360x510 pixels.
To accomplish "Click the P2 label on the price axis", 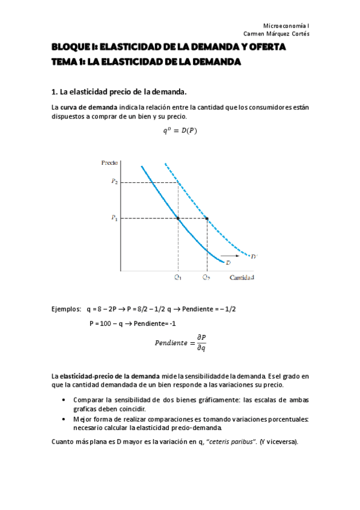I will [x=114, y=182].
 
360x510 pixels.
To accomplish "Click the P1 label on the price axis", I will [x=114, y=218].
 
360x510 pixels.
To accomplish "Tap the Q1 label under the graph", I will [x=178, y=277].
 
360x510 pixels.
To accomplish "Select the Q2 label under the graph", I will [x=207, y=277].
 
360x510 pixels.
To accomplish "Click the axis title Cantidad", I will [x=242, y=277].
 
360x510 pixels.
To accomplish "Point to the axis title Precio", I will [x=109, y=163].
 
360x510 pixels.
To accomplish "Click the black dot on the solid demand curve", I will [x=178, y=218].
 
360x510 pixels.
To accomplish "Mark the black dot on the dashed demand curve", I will [x=207, y=218].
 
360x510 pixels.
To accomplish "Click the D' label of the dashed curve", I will [x=254, y=257].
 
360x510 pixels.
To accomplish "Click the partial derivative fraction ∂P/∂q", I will [x=201, y=342].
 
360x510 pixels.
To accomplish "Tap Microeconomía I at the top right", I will [x=287, y=25].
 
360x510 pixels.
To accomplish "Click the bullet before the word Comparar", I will [x=64, y=400].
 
